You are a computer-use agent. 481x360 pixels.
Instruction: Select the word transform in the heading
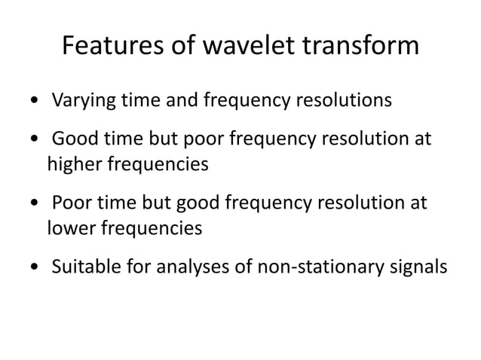[x=367, y=47]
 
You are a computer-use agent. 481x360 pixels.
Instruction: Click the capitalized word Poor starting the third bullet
[x=72, y=204]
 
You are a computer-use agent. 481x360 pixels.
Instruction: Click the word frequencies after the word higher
[x=158, y=163]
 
